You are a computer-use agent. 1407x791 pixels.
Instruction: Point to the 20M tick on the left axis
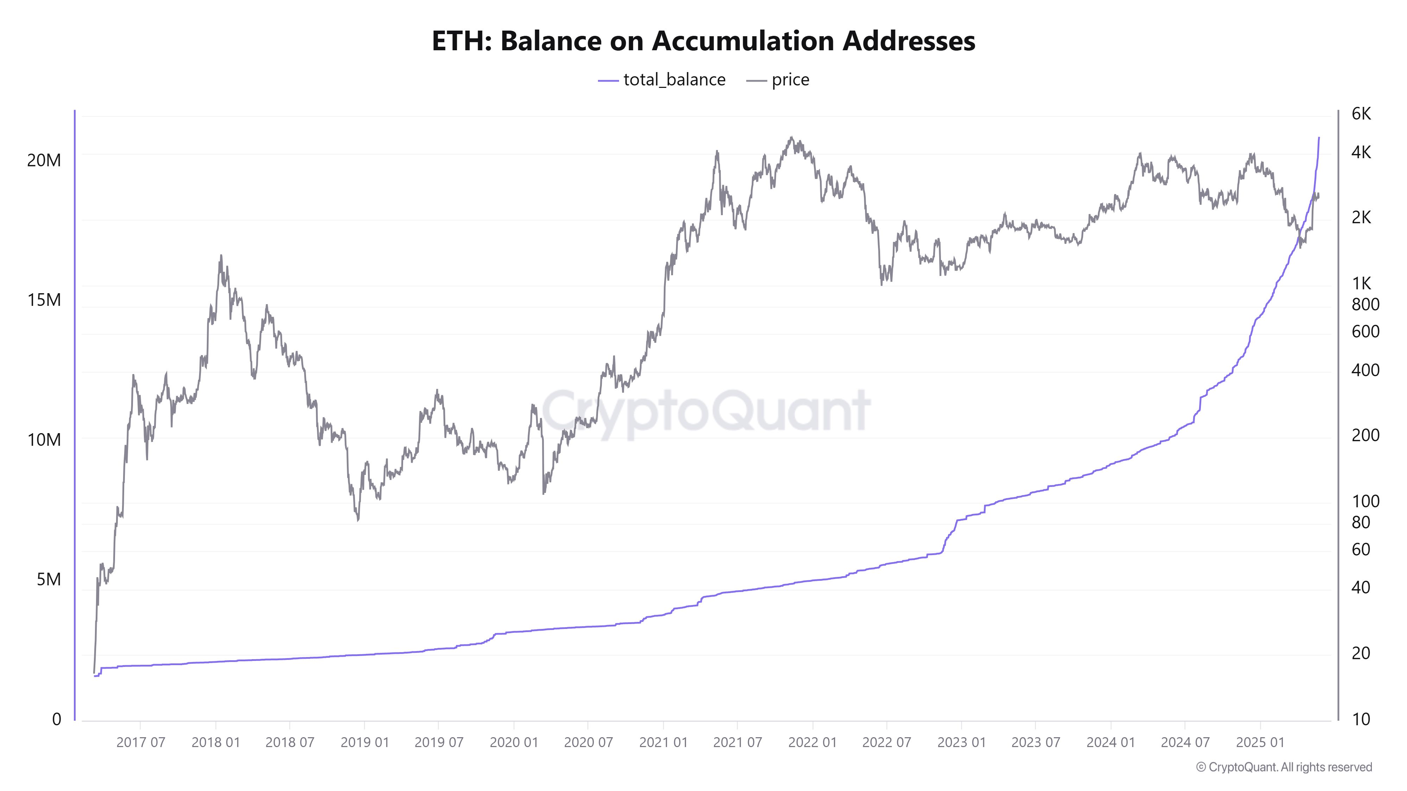[44, 161]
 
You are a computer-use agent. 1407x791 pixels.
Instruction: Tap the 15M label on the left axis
[44, 300]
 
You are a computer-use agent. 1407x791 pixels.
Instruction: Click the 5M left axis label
[49, 579]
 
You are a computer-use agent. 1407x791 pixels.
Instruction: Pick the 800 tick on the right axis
[1365, 304]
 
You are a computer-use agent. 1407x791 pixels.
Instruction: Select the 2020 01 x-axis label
[514, 742]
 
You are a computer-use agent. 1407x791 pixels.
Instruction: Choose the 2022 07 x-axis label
[886, 742]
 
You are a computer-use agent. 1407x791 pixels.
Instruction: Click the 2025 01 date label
[1260, 742]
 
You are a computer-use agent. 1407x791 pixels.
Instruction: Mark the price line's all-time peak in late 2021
[791, 137]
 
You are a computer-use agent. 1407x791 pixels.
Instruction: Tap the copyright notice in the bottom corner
[1284, 767]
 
